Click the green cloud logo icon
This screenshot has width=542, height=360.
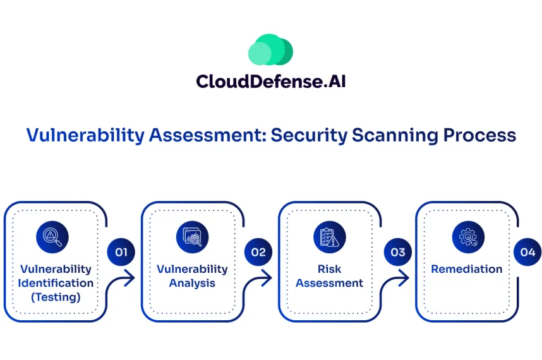click(270, 50)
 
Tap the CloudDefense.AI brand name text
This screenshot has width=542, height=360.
click(270, 81)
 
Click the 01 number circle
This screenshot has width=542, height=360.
click(121, 253)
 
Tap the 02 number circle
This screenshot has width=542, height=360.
click(258, 253)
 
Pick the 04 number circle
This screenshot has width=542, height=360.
click(527, 253)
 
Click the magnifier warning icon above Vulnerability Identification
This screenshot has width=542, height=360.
click(52, 236)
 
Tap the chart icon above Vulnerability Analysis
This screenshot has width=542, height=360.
click(192, 236)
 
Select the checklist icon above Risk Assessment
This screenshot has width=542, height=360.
click(329, 236)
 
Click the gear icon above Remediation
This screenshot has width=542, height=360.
click(467, 236)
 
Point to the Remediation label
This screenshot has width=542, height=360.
click(467, 269)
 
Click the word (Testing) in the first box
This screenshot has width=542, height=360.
click(56, 297)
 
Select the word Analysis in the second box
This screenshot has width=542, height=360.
click(192, 284)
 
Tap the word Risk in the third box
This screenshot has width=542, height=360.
click(329, 270)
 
